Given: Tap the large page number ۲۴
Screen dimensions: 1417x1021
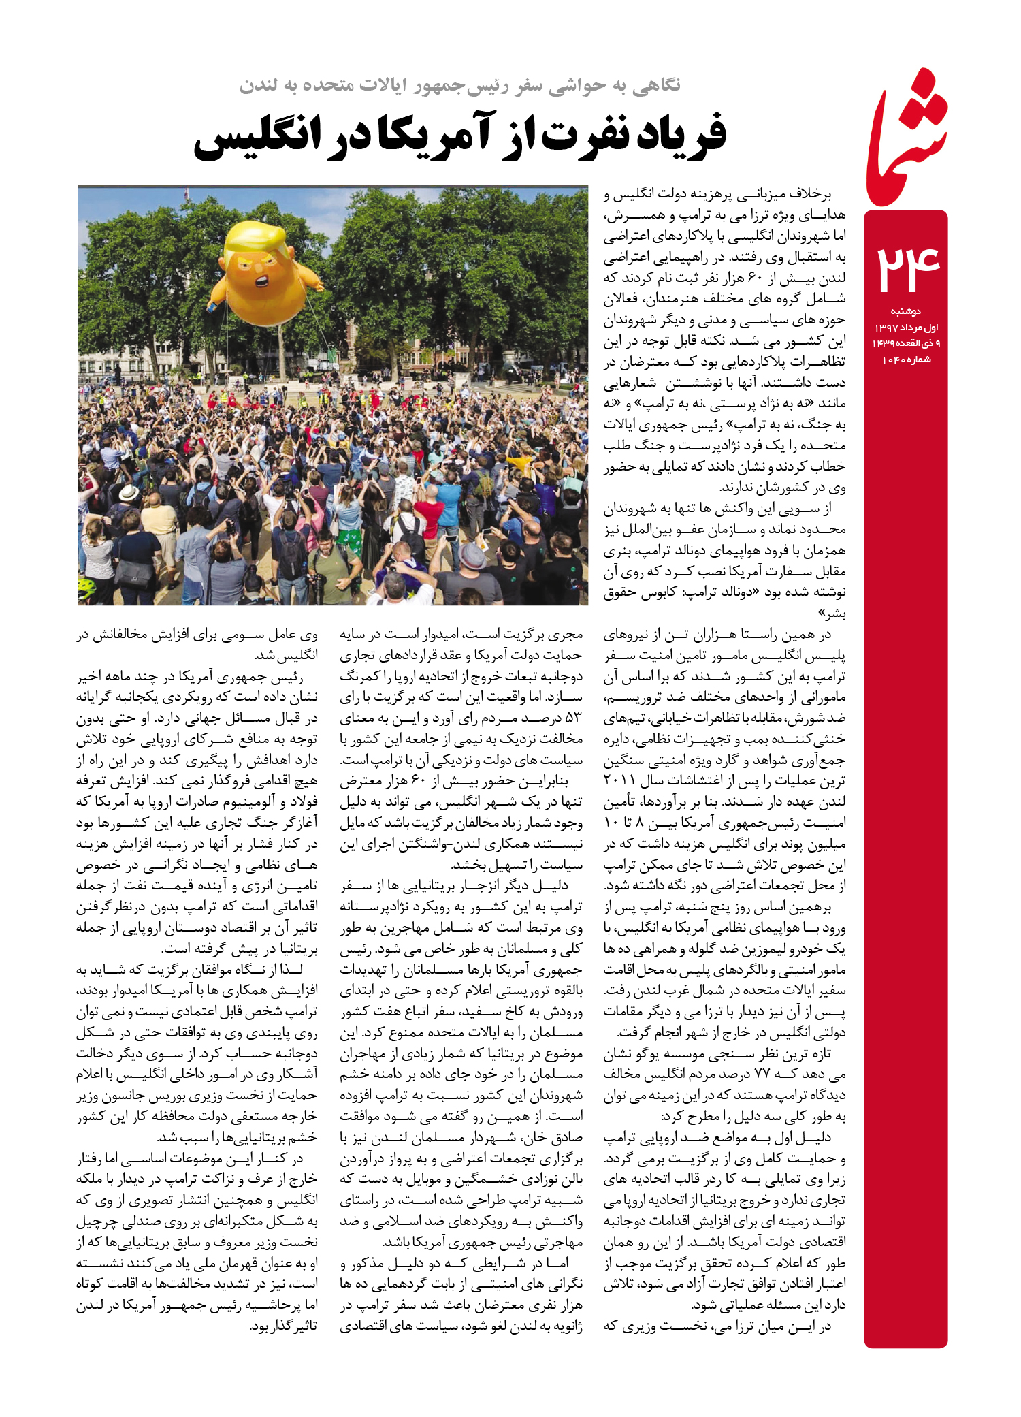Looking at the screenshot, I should [907, 269].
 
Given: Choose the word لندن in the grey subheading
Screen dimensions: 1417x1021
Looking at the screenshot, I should [258, 86].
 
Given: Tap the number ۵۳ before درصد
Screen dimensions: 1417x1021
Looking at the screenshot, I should [573, 718].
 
